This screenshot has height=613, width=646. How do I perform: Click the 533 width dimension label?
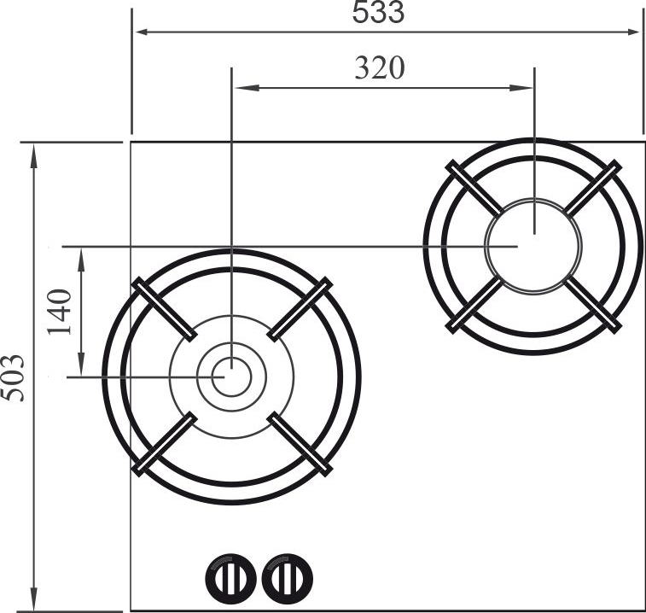tap(378, 12)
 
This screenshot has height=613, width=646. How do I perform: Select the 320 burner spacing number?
tap(380, 68)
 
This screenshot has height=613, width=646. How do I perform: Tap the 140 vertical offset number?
tap(60, 312)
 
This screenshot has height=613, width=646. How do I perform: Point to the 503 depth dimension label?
tap(12, 377)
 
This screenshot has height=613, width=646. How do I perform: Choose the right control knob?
tap(287, 578)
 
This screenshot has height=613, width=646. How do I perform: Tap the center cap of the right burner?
tap(534, 246)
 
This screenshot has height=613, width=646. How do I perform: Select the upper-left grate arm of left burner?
tap(164, 310)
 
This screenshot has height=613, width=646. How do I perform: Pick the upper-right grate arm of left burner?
tap(300, 310)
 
